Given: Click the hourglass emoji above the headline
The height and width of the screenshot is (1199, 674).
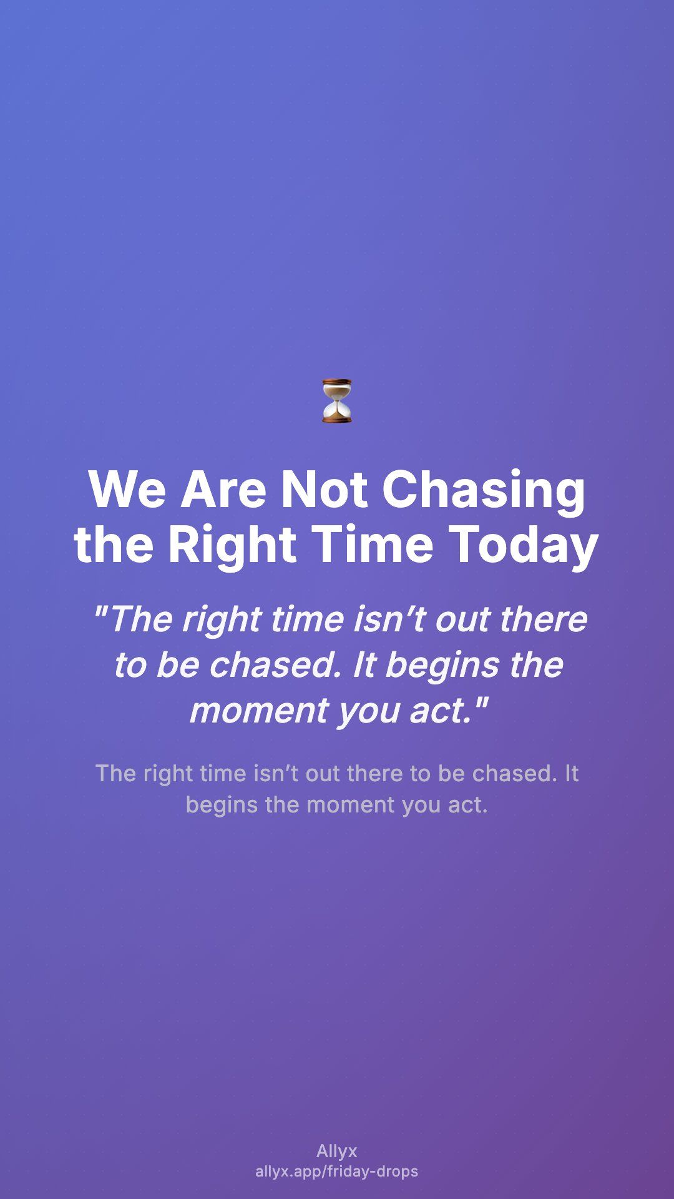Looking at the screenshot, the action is (337, 400).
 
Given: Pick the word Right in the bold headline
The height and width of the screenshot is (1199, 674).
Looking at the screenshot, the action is (232, 545).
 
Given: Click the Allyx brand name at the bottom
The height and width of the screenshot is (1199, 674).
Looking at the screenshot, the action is (337, 1151).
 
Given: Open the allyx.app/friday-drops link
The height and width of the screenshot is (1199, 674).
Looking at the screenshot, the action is (337, 1172).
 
